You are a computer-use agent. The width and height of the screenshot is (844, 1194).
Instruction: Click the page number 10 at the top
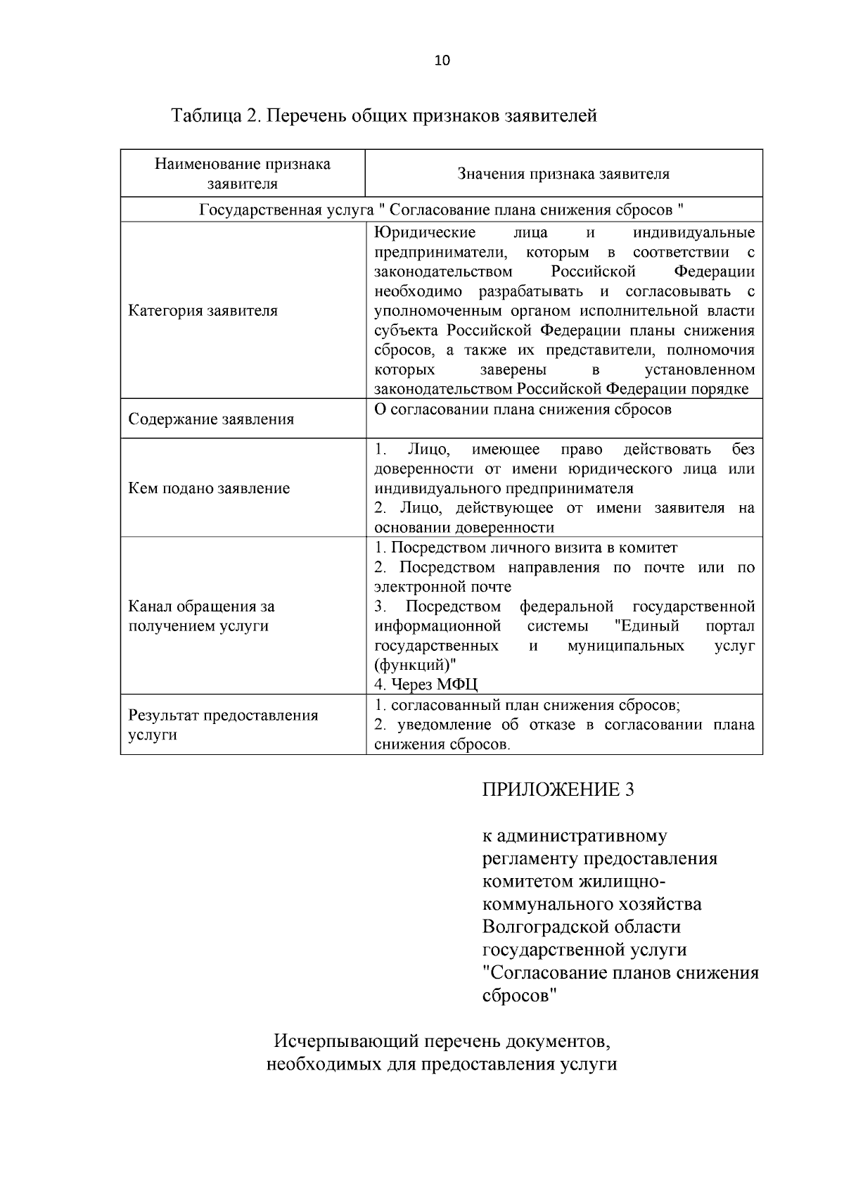click(x=442, y=61)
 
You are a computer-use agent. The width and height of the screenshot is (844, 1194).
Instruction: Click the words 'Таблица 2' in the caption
click(x=215, y=115)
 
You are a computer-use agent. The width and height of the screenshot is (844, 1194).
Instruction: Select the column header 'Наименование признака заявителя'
click(x=243, y=174)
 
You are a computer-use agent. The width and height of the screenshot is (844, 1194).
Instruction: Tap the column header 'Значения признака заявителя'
click(x=563, y=174)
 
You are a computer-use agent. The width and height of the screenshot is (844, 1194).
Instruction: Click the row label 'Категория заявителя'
click(x=203, y=310)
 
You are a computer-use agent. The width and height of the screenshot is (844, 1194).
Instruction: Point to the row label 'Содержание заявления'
click(x=211, y=419)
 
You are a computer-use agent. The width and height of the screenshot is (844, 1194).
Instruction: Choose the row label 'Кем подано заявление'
click(x=209, y=488)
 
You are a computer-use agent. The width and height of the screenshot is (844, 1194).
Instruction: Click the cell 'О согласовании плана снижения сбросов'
click(x=523, y=409)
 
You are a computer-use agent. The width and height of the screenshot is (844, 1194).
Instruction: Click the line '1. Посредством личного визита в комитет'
click(x=525, y=547)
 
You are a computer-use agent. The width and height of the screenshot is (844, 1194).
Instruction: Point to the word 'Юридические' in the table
click(x=425, y=233)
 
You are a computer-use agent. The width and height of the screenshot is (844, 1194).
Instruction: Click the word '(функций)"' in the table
click(x=415, y=665)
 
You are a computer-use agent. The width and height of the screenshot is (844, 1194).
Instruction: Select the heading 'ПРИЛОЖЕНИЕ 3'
click(x=558, y=789)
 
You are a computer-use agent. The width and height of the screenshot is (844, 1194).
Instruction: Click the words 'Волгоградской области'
click(x=581, y=927)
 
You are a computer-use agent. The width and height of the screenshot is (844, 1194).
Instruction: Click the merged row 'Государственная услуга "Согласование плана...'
click(x=442, y=210)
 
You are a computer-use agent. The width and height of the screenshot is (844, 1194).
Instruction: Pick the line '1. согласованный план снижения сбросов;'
click(x=527, y=705)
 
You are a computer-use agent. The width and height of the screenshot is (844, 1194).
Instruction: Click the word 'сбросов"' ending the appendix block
click(x=520, y=996)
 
